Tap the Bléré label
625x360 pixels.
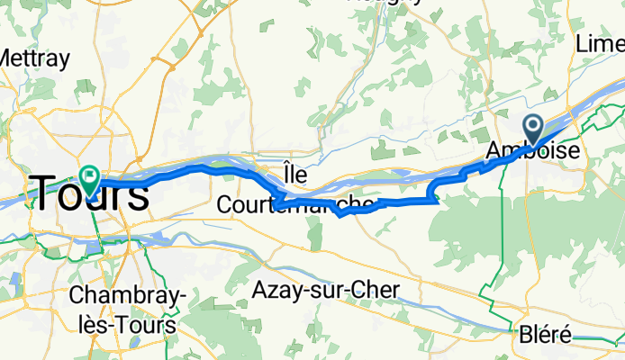545,336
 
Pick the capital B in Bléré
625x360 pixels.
526,336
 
